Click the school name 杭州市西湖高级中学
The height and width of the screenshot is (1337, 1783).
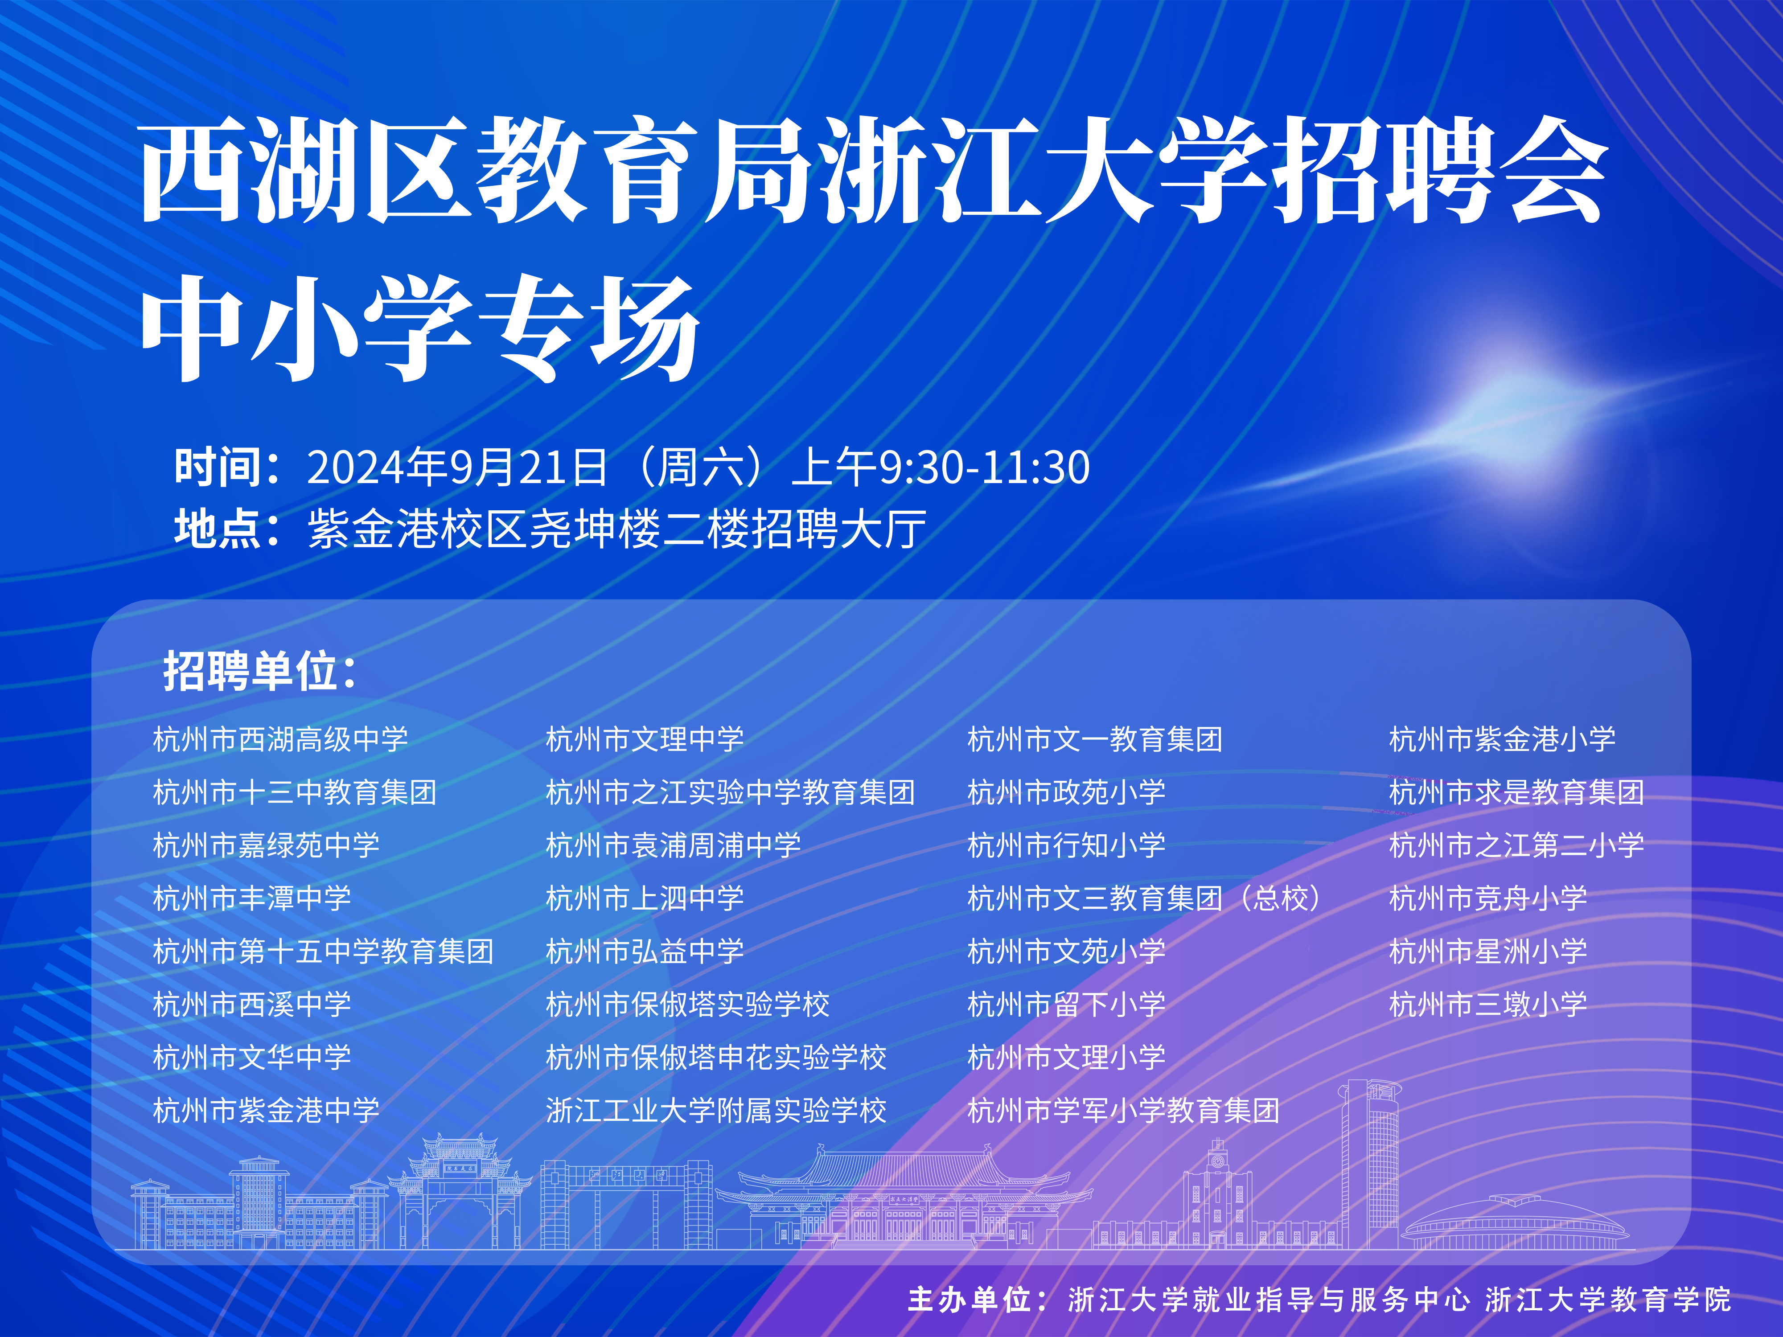point(280,739)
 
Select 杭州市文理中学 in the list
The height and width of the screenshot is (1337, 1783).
point(645,739)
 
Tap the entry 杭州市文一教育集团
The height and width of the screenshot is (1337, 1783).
point(1095,739)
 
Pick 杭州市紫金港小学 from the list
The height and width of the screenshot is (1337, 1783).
point(1503,739)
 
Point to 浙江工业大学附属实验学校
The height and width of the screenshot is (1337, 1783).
point(716,1111)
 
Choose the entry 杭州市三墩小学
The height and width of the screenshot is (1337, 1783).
point(1488,1004)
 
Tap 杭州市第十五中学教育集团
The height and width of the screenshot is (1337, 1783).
point(323,951)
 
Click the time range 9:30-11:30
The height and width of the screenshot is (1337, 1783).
point(983,468)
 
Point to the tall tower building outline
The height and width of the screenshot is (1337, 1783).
point(1369,1161)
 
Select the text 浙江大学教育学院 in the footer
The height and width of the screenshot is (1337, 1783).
point(1608,1299)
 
